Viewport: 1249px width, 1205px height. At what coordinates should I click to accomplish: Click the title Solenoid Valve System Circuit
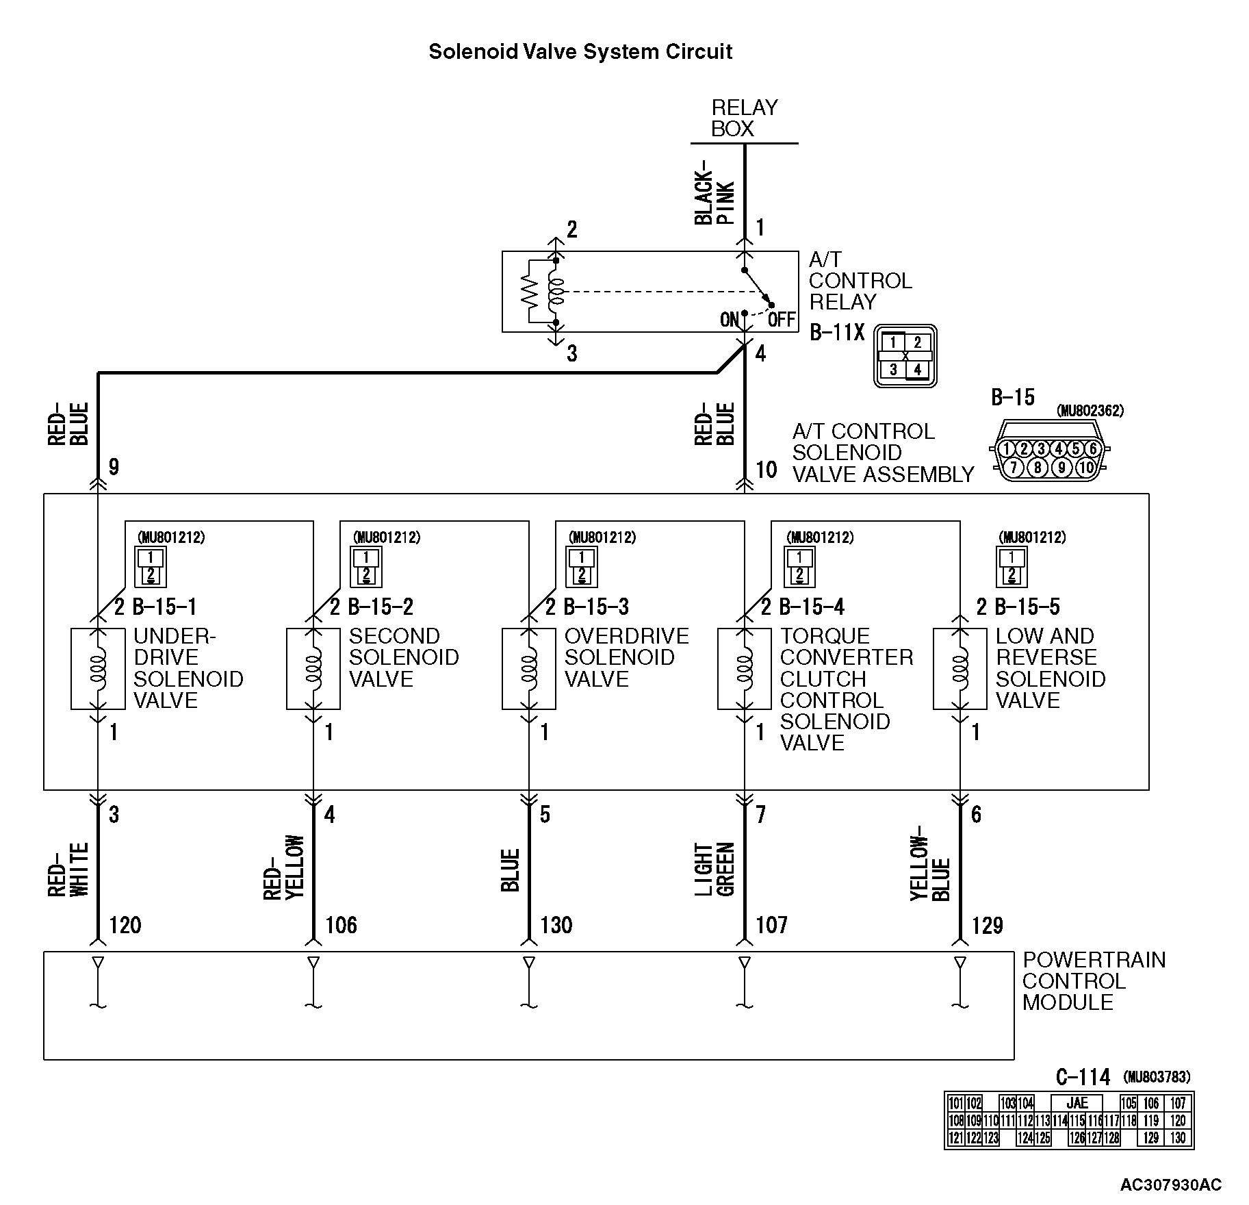[580, 52]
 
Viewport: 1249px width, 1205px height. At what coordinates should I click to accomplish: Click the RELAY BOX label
[744, 118]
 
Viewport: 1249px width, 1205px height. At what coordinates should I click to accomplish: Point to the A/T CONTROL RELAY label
[860, 281]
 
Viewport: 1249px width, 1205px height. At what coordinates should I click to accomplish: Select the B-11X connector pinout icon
[905, 356]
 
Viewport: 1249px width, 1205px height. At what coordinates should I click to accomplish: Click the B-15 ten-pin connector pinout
[1049, 458]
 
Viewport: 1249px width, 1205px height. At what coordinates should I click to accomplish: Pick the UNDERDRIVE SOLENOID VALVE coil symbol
[99, 668]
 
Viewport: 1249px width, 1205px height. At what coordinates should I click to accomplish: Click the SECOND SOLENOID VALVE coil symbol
[313, 668]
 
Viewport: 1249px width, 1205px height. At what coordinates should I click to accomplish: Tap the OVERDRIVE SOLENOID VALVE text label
[626, 657]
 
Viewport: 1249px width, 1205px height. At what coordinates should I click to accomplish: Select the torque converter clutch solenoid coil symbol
[745, 668]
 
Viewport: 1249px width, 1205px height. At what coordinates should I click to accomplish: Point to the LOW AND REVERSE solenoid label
[1050, 668]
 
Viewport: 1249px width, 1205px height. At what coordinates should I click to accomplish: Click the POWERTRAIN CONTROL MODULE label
[1093, 981]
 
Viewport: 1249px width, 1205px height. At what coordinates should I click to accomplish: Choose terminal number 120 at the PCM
[125, 926]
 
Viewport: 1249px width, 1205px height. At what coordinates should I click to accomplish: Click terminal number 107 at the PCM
[772, 926]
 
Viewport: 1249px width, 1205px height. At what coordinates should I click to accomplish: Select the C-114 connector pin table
[1068, 1120]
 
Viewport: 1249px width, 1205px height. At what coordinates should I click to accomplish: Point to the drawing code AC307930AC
[1170, 1185]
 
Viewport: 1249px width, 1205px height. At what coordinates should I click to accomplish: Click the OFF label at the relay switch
[781, 320]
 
